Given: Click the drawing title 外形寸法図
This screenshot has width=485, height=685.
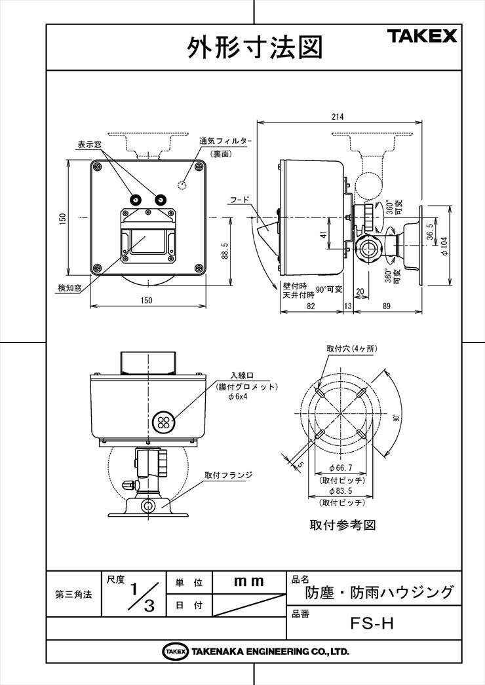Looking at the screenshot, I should coord(255,47).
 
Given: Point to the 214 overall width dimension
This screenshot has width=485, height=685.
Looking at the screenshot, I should coord(338,117).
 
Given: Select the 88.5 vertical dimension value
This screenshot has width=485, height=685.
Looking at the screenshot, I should coord(225,251).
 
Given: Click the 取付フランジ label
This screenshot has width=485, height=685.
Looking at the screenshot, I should coord(228,475).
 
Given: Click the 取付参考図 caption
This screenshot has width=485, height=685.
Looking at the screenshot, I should coord(342,525).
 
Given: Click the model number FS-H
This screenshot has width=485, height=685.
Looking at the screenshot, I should coord(372,623).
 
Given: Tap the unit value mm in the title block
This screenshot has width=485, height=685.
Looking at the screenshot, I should coord(249,581).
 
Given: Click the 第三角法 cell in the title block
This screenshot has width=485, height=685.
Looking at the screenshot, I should coord(73,595).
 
